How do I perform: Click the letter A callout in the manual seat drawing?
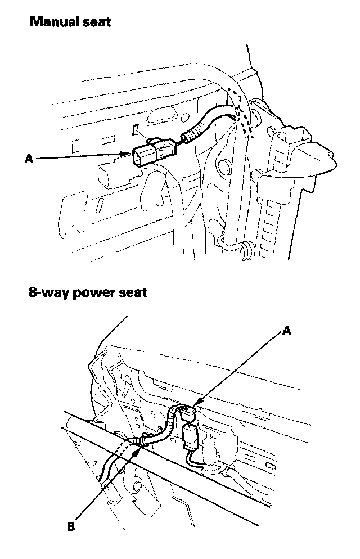point(29,160)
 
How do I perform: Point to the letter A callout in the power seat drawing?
point(286,332)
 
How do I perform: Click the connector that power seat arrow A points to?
point(190,413)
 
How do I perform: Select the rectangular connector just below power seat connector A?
point(190,434)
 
